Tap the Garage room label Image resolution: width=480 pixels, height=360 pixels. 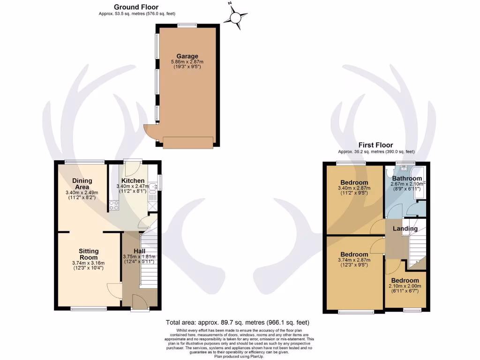coord(187,56)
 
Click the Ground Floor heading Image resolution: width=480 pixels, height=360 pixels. coord(136,7)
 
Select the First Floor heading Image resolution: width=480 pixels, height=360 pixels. coord(375,145)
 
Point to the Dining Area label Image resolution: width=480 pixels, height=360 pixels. coord(82,184)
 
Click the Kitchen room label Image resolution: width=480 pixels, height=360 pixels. coord(133,181)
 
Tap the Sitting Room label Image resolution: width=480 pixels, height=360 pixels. coord(88,255)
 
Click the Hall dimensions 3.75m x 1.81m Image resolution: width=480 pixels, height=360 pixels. coord(139,256)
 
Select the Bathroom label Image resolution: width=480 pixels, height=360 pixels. coord(407,179)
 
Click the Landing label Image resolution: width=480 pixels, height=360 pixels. coord(405,229)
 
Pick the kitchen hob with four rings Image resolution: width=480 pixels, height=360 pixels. coord(114,204)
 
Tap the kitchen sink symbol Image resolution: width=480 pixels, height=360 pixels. coord(152,187)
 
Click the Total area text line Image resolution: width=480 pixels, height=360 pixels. coord(237,322)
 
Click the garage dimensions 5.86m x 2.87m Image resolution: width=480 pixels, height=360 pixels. coord(187,62)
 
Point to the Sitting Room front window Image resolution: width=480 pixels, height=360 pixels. coord(88,309)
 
